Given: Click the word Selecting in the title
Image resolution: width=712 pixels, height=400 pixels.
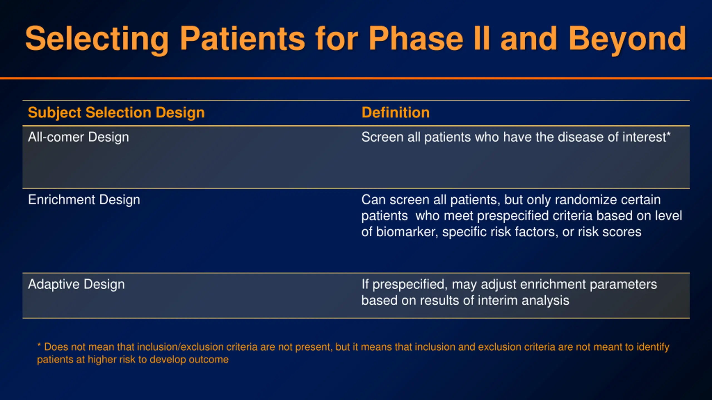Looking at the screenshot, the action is coord(97,39).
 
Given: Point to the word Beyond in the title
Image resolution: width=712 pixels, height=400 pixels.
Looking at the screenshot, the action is coord(627,39).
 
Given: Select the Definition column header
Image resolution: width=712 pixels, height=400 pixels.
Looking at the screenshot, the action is coord(395,112).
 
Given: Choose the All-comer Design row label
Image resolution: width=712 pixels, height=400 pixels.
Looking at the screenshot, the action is coord(78,137).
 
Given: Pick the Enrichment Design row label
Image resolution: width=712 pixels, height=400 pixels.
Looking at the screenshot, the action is coord(84,200).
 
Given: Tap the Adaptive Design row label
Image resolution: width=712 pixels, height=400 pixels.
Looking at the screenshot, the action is coord(76,285).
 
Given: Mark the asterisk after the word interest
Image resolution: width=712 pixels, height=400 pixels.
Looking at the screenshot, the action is coord(668,134).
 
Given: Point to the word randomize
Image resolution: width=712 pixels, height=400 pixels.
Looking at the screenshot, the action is coord(585,200).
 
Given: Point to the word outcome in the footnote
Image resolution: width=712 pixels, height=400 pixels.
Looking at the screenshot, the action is coord(209,360).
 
